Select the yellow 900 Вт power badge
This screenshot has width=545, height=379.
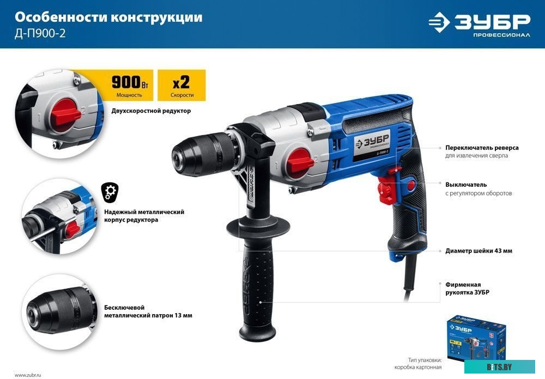[129, 85]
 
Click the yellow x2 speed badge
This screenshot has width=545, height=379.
[181, 85]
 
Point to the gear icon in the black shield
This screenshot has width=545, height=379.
[110, 191]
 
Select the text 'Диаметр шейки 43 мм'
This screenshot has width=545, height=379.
[479, 251]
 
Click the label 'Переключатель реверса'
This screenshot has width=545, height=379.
[482, 148]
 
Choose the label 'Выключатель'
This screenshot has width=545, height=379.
[465, 185]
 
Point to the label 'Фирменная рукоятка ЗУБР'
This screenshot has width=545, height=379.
[467, 288]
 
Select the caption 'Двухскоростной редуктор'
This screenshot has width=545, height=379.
[148, 111]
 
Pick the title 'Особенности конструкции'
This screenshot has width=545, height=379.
[108, 17]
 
